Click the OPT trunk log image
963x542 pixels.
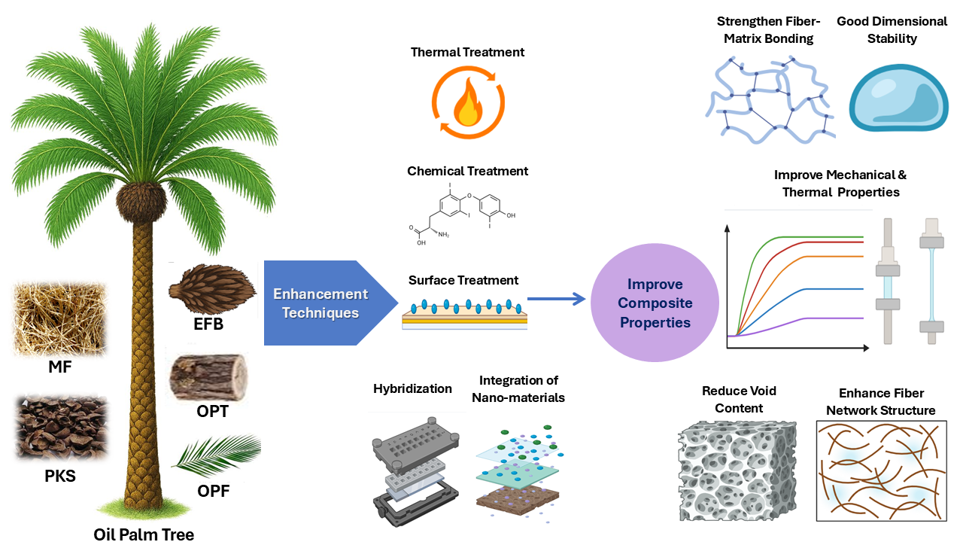[208, 377]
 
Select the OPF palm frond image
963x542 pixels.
[217, 458]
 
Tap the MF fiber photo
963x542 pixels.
[60, 318]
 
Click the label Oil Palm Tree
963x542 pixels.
[144, 534]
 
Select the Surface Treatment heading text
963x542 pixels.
[463, 280]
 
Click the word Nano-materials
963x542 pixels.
[518, 397]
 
